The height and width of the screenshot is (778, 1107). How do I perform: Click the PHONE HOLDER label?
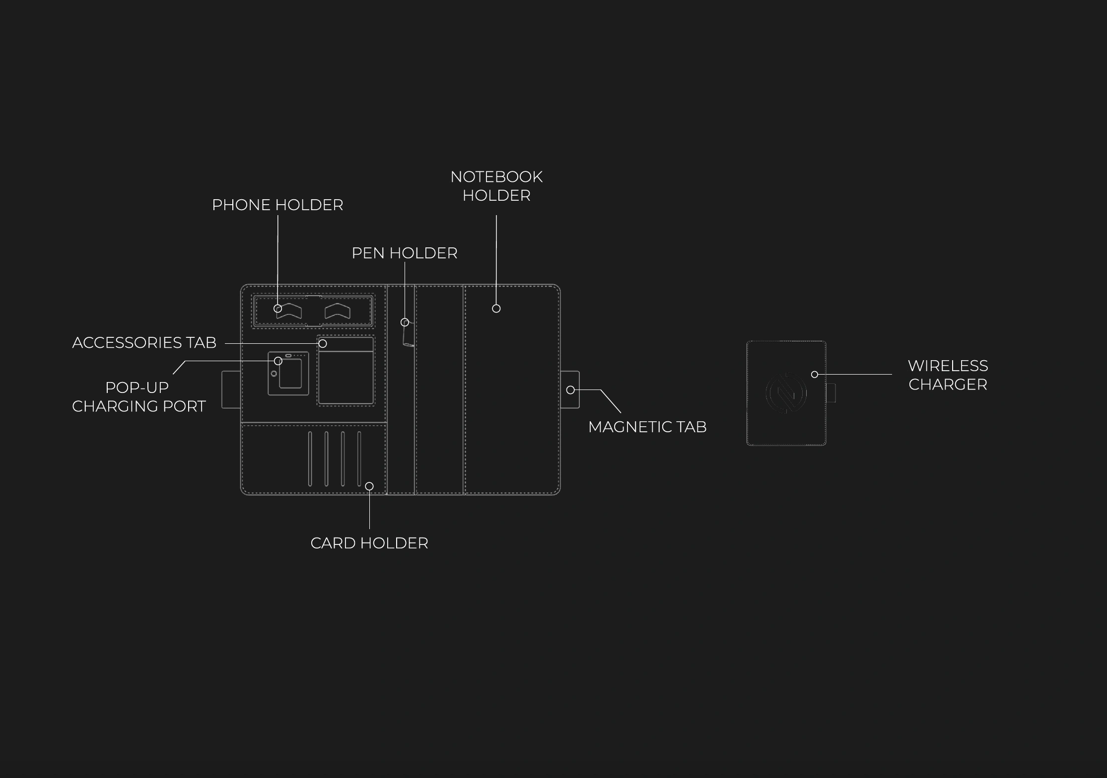pyautogui.click(x=277, y=205)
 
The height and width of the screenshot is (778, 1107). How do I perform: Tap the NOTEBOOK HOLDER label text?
pyautogui.click(x=496, y=186)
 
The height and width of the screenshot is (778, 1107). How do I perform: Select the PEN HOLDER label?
pyautogui.click(x=405, y=253)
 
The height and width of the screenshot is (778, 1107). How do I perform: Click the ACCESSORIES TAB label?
pyautogui.click(x=144, y=342)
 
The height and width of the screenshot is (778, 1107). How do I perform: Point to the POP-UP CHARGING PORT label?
pyautogui.click(x=138, y=396)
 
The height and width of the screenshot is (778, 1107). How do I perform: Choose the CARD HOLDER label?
pyautogui.click(x=369, y=543)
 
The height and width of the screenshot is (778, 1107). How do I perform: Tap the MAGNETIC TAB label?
pyautogui.click(x=647, y=427)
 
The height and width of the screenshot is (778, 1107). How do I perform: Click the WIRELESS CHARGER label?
pyautogui.click(x=948, y=375)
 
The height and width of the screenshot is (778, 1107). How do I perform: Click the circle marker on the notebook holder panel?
pyautogui.click(x=496, y=309)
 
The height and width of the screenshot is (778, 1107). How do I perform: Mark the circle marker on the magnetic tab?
pyautogui.click(x=571, y=390)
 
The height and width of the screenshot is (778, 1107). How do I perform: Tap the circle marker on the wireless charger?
pyautogui.click(x=815, y=374)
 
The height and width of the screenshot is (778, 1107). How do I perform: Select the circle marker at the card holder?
pyautogui.click(x=369, y=486)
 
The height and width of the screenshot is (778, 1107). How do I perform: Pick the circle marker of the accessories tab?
pyautogui.click(x=323, y=343)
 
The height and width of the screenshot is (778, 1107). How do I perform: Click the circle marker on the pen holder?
pyautogui.click(x=405, y=322)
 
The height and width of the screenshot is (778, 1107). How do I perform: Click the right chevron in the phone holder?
pyautogui.click(x=338, y=311)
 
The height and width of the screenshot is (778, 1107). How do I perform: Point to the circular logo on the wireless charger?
pyautogui.click(x=786, y=393)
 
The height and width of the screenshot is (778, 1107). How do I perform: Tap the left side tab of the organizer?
pyautogui.click(x=231, y=389)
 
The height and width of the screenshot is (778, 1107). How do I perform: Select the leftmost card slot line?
pyautogui.click(x=310, y=459)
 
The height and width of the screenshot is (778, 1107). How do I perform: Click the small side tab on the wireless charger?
pyautogui.click(x=831, y=393)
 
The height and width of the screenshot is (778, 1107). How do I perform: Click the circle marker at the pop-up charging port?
pyautogui.click(x=278, y=361)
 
